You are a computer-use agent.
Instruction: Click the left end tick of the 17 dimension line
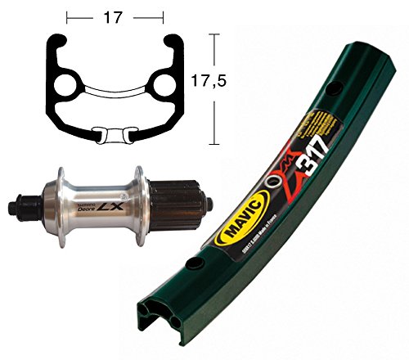click(x=68, y=15)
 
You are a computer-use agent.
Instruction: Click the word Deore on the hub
click(x=83, y=209)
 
